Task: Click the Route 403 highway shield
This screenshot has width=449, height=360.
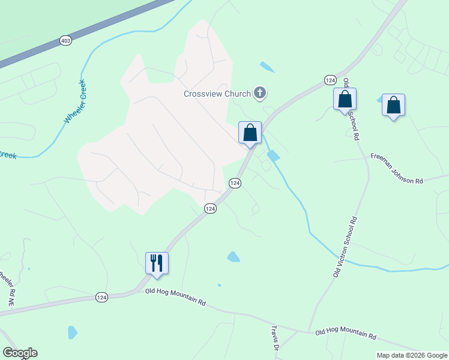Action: point(65,41)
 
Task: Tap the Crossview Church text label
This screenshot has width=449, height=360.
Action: point(217,94)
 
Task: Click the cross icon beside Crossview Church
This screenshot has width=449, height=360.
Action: point(260,92)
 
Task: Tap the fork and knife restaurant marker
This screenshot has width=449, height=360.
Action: point(157,263)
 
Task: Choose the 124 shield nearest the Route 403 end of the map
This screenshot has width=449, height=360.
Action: point(330,80)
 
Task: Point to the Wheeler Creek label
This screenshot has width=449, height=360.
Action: point(75,102)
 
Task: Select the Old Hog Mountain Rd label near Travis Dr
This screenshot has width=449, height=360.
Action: point(345,332)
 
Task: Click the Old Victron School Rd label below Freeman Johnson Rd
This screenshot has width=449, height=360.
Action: point(346,246)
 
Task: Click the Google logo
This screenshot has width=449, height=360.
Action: point(20,353)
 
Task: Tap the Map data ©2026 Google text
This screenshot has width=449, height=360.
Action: point(412,355)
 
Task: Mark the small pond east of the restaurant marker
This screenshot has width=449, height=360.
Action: point(233,257)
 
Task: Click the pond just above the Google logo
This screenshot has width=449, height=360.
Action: point(72,332)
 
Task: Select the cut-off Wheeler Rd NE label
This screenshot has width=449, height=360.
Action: point(7,288)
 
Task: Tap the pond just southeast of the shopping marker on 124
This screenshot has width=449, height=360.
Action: point(273,156)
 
